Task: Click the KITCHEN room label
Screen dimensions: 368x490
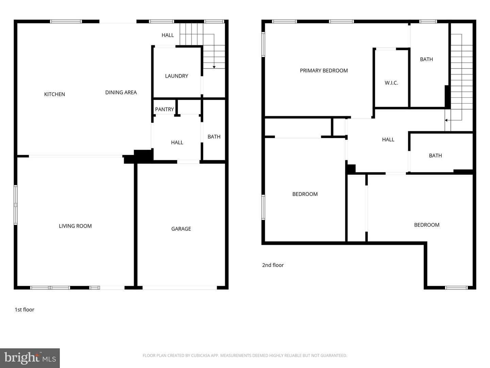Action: tap(54, 94)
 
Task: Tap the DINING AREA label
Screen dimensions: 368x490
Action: tap(121, 92)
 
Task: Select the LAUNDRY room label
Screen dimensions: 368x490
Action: tap(176, 76)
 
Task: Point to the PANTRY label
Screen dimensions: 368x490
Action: tap(164, 109)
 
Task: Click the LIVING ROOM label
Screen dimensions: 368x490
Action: tap(75, 226)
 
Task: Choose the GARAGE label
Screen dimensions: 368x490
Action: tap(181, 229)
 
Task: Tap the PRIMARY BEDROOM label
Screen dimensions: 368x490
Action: tap(324, 71)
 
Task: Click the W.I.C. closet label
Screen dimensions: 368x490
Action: tap(391, 83)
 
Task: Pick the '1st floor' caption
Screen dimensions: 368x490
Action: tap(24, 310)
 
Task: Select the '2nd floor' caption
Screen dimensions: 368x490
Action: tap(273, 265)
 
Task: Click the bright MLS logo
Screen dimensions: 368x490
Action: tap(30, 358)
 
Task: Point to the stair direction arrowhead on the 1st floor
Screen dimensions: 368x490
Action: tap(214, 67)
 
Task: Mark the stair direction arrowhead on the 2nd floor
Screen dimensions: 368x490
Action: tap(446, 120)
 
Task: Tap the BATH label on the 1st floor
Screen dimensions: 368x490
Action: tap(214, 137)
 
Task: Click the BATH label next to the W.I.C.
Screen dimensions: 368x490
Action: tap(426, 59)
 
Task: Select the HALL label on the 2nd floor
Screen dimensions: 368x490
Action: tap(388, 139)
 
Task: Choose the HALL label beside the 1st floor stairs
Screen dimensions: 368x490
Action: tap(167, 35)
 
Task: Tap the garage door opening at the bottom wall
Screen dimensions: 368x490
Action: tap(180, 288)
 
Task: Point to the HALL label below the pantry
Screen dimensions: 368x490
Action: tap(177, 142)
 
